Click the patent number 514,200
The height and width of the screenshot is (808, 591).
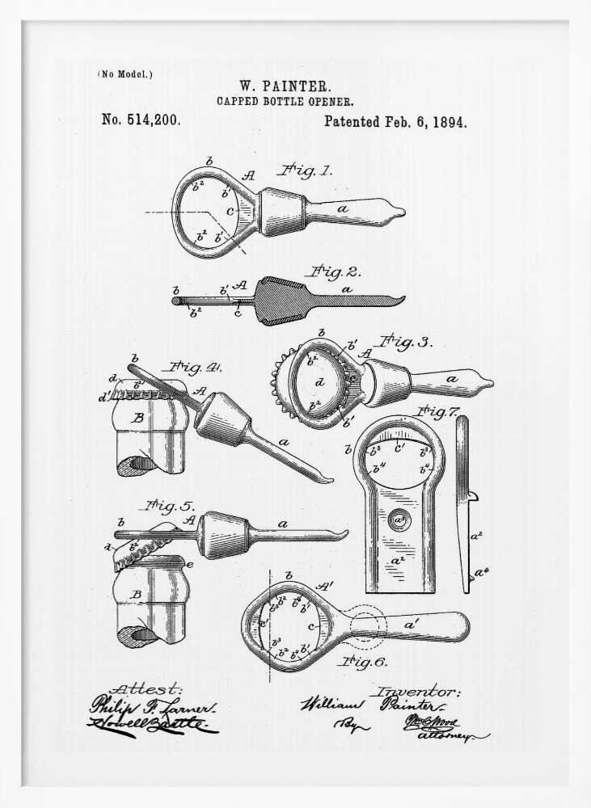tap(141, 120)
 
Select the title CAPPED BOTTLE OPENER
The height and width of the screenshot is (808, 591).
tap(284, 102)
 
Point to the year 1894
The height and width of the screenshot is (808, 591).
tap(450, 122)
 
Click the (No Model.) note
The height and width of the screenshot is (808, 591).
tap(125, 74)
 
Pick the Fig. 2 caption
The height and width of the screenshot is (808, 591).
tap(331, 271)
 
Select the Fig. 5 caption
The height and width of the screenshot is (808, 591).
tap(167, 507)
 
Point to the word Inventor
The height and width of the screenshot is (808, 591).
tap(416, 692)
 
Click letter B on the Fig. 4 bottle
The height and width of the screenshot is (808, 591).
tap(137, 419)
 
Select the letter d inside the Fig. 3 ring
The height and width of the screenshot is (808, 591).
tap(320, 382)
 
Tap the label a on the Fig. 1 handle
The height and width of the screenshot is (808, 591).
tap(343, 208)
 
